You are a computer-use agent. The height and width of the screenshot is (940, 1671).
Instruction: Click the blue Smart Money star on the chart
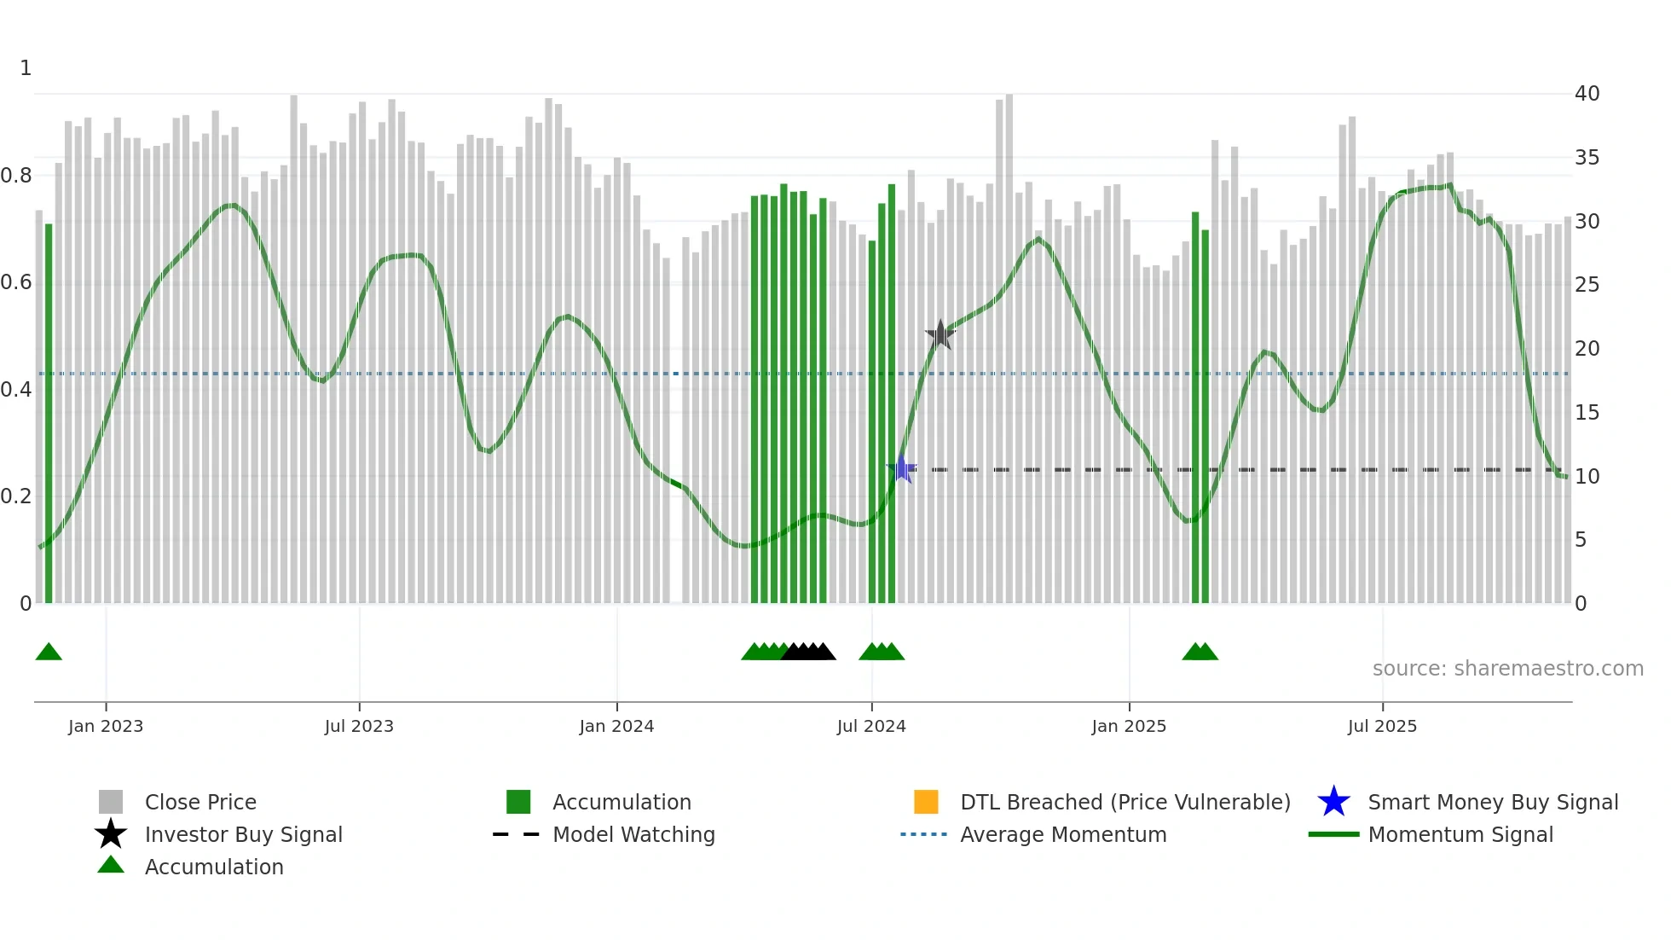click(901, 469)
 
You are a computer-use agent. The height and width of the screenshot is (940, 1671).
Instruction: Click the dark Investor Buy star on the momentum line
click(940, 335)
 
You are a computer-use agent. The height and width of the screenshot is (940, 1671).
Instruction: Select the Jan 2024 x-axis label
click(616, 727)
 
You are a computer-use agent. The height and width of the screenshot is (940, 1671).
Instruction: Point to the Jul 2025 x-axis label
click(1382, 727)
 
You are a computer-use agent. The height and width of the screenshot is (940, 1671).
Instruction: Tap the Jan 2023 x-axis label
click(106, 727)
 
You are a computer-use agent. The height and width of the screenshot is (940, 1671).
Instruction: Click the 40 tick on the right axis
click(1587, 94)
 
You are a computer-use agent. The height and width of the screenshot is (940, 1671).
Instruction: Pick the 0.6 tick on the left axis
click(15, 282)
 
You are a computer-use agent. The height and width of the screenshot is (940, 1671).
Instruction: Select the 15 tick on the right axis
click(1587, 413)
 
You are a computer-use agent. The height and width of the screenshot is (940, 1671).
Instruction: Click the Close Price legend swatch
click(111, 802)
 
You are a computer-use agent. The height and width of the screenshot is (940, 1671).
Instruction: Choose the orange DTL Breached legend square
click(926, 802)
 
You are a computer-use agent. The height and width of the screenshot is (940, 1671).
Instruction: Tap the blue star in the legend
click(1333, 802)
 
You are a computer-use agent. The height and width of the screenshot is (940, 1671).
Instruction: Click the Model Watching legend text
click(633, 835)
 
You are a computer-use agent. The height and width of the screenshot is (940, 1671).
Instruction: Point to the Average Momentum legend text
click(1063, 835)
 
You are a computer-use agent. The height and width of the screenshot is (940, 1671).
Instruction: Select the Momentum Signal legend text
click(1460, 835)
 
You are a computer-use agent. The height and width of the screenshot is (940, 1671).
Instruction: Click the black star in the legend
click(111, 834)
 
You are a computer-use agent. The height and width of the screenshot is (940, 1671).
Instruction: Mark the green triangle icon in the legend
click(111, 865)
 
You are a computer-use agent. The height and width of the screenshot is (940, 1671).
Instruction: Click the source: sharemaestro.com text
click(1507, 669)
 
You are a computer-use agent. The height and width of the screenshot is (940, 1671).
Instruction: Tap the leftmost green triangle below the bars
click(49, 653)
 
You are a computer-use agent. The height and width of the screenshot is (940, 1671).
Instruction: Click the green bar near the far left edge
click(49, 413)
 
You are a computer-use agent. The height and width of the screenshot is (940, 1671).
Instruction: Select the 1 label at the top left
click(26, 68)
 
